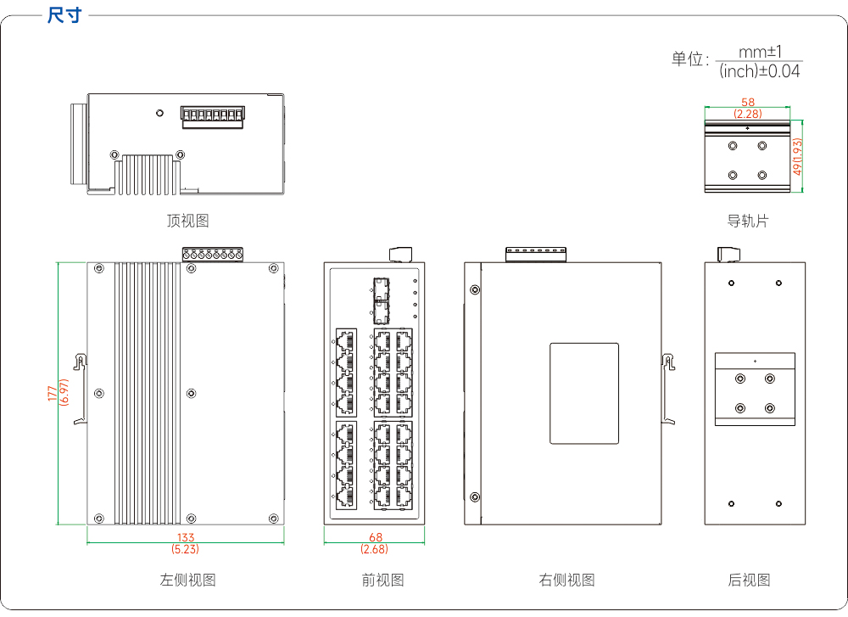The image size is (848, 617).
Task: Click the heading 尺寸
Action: click(64, 15)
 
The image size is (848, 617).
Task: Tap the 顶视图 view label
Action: click(187, 221)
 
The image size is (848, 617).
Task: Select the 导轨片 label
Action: click(747, 221)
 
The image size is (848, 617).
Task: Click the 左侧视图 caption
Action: click(187, 581)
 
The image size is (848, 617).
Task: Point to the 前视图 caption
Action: click(383, 581)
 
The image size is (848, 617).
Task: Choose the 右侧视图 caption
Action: click(566, 581)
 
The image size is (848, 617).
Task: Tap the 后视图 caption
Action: click(749, 581)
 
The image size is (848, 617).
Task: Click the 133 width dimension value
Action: click(186, 537)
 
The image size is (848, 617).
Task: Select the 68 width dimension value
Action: click(376, 537)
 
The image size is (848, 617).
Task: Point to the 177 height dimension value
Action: click(52, 393)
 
